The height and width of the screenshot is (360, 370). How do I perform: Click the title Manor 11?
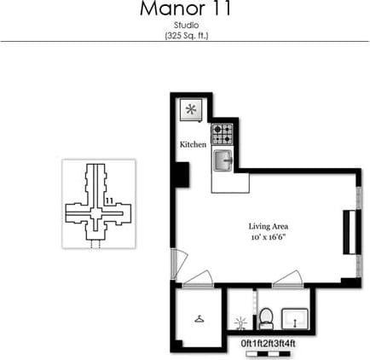pyautogui.click(x=186, y=11)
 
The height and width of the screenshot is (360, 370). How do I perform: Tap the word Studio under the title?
pyautogui.click(x=186, y=26)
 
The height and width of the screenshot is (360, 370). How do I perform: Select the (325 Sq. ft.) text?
pyautogui.click(x=186, y=36)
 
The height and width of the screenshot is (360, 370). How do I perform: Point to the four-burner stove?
pyautogui.click(x=223, y=134)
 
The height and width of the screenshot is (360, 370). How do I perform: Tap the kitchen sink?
pyautogui.click(x=223, y=159)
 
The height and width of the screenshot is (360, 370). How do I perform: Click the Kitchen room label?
pyautogui.click(x=193, y=145)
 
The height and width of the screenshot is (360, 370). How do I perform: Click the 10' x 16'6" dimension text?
pyautogui.click(x=266, y=237)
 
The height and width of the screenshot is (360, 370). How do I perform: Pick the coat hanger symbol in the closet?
pyautogui.click(x=199, y=318)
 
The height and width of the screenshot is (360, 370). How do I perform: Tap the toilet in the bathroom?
pyautogui.click(x=266, y=319)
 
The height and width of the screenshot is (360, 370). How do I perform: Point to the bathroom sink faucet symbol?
pyautogui.click(x=240, y=323)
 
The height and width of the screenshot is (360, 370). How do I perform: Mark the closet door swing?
pyautogui.click(x=199, y=277)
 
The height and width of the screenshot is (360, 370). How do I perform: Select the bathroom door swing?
pyautogui.click(x=287, y=277)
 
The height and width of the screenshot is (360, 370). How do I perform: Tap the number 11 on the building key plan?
pyautogui.click(x=109, y=201)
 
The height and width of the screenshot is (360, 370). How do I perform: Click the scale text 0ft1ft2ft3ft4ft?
pyautogui.click(x=269, y=343)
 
